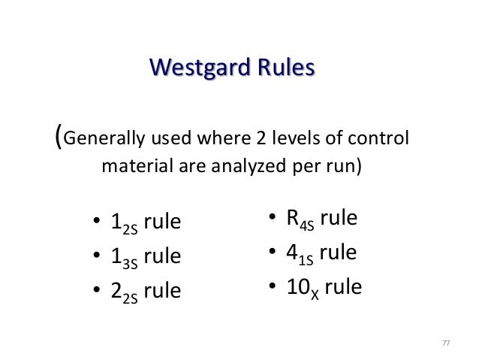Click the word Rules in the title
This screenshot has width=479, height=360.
pyautogui.click(x=283, y=69)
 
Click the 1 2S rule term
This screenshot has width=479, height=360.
pyautogui.click(x=146, y=223)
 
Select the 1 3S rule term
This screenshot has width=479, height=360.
pyautogui.click(x=146, y=256)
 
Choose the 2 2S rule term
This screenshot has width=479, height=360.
pyautogui.click(x=146, y=290)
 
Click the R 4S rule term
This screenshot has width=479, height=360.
pyautogui.click(x=321, y=219)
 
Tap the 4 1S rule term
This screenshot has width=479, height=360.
pyautogui.click(x=321, y=253)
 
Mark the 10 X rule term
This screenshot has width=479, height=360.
pyautogui.click(x=324, y=286)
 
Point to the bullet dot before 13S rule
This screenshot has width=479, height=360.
pyautogui.click(x=96, y=257)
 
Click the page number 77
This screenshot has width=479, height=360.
pyautogui.click(x=446, y=343)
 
